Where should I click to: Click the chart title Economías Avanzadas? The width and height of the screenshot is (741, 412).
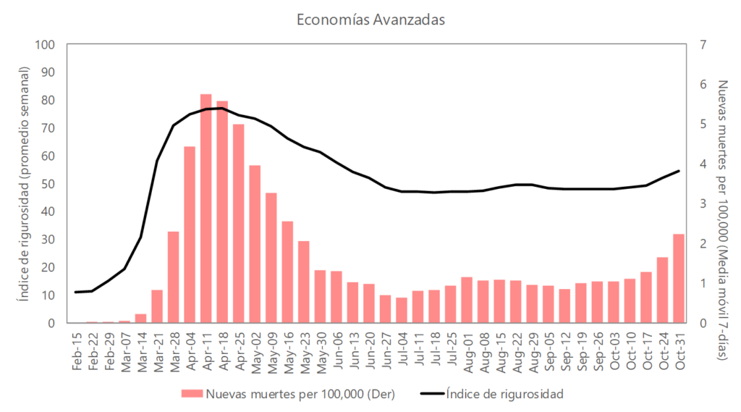coord(370,20)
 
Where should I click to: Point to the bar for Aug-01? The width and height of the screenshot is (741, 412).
coord(467,300)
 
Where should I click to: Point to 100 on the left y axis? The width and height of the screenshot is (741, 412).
coord(46,45)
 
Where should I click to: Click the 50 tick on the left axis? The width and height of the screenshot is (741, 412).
coord(48,184)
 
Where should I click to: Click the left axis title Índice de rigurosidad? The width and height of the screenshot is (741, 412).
coord(23,183)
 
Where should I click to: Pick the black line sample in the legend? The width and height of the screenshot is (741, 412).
coord(430,394)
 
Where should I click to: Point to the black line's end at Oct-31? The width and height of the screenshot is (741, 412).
coord(679,171)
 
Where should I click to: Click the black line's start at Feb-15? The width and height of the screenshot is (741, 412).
coord(76,292)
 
